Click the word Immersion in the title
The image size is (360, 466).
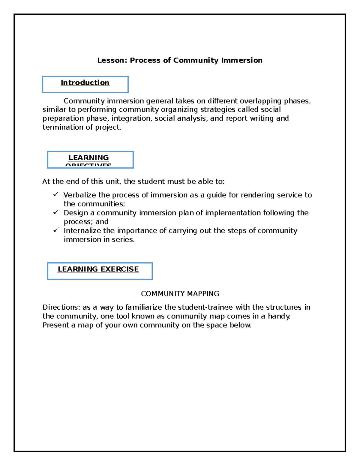coord(242,60)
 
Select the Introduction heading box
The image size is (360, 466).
coord(85,84)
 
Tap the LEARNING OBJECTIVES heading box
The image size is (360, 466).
coord(90,159)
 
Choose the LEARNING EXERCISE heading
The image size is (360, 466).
coord(98,269)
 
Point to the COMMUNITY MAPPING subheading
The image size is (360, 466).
coord(180,293)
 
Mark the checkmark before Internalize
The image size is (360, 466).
coord(56,230)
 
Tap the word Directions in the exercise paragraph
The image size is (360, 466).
coord(61,307)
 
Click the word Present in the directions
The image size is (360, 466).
coord(56,325)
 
